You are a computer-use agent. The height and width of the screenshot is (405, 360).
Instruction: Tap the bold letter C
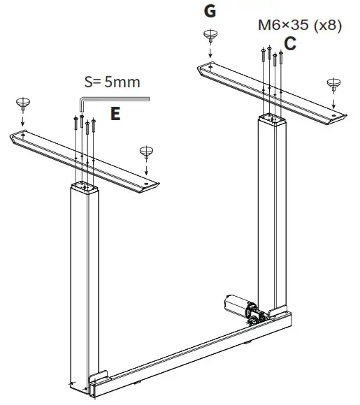point(290,43)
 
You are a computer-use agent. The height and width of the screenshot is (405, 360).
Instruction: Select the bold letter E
point(116,114)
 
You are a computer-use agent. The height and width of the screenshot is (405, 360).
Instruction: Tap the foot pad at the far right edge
point(333,84)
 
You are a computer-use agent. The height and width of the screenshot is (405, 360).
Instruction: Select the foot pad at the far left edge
point(23,105)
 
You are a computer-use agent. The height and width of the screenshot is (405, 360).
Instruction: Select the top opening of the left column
point(84,187)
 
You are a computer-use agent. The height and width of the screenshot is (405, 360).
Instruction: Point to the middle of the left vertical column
point(85,279)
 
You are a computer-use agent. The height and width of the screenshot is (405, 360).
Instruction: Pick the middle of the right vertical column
point(273,209)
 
